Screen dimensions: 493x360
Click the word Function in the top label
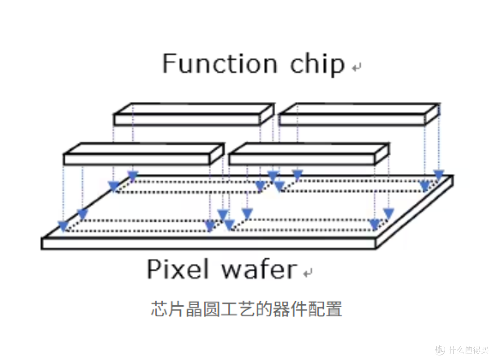click(x=220, y=64)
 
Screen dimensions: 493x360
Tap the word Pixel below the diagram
click(x=178, y=269)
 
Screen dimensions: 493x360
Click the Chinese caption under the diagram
click(x=246, y=309)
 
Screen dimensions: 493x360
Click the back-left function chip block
click(x=194, y=114)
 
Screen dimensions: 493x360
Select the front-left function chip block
click(x=144, y=154)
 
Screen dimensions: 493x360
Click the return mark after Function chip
click(x=357, y=67)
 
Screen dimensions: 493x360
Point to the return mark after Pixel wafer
click(x=308, y=273)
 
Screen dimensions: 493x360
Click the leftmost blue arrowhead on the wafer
click(x=63, y=226)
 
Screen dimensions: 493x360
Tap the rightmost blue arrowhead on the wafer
click(x=439, y=175)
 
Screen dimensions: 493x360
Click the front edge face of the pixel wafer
click(x=209, y=244)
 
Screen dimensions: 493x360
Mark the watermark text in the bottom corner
click(x=462, y=350)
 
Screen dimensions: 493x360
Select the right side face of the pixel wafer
click(x=414, y=212)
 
